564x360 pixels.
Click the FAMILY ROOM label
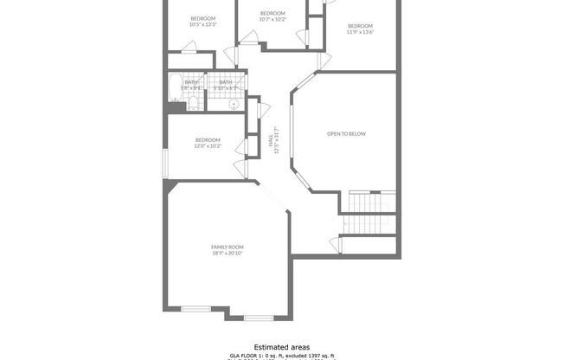pos(228,247)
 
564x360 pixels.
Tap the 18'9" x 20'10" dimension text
pos(228,253)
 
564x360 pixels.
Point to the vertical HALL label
pos(276,141)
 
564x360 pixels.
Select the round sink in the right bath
pos(233,104)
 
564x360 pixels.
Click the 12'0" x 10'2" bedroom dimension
pos(208,146)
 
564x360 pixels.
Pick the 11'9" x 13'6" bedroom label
pos(360,32)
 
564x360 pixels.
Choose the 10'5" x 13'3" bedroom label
pos(202,24)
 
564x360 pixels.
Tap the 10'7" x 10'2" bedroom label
pos(272,18)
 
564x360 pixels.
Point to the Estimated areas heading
pos(281,346)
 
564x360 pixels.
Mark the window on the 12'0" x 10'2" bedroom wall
pos(166,164)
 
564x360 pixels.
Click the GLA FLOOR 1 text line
pos(281,356)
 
